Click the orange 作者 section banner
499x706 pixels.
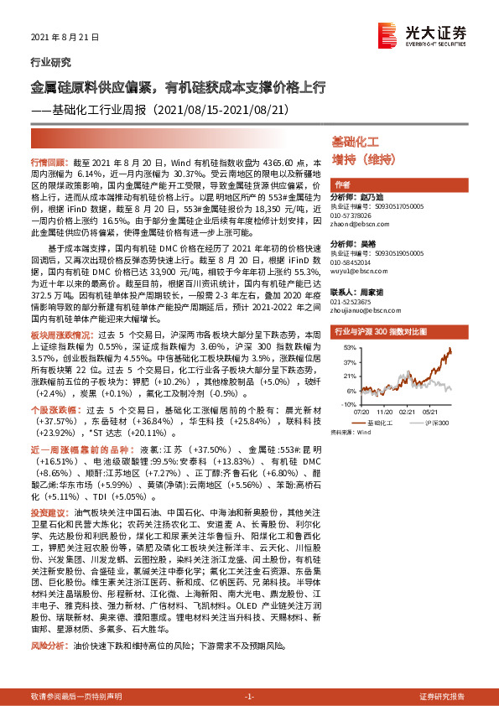coord(342,184)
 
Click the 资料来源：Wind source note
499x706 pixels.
coord(350,433)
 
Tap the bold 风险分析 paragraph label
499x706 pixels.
coord(47,646)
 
